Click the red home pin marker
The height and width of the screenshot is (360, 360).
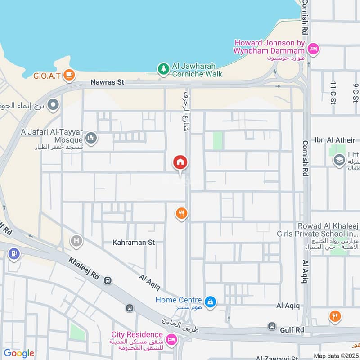point(180,162)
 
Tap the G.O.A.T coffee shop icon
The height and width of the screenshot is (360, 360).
point(68,74)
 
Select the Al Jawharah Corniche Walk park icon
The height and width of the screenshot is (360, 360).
point(163,69)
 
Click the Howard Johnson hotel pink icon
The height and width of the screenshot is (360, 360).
point(314,48)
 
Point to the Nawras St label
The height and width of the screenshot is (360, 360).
point(107,82)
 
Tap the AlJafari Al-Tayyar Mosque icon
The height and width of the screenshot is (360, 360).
point(91,138)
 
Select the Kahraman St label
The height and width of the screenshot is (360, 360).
point(134,242)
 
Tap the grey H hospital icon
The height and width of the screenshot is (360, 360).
point(76,241)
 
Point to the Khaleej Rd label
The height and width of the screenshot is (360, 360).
point(84,267)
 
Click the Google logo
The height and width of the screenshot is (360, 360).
point(18,353)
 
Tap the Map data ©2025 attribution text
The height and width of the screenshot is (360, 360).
point(335,355)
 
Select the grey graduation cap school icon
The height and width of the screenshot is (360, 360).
point(339,160)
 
